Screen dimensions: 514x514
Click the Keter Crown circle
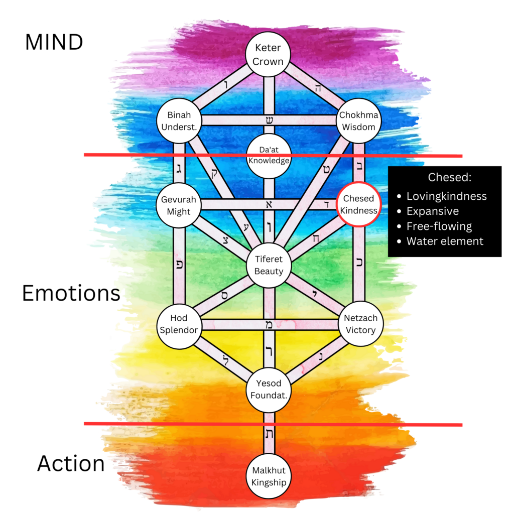[x=269, y=55]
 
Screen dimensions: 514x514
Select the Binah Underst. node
[x=179, y=121]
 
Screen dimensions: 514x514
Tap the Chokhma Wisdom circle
[x=358, y=121]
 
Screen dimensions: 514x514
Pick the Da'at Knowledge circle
[x=269, y=156]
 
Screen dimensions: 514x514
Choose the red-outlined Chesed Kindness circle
[x=358, y=205]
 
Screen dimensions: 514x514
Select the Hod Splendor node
[x=179, y=324]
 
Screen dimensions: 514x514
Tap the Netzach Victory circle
[x=360, y=324]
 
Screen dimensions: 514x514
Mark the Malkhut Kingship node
[x=269, y=477]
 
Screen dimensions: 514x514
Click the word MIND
[x=54, y=43]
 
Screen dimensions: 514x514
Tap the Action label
[x=71, y=464]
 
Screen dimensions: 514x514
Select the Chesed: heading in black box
[x=444, y=178]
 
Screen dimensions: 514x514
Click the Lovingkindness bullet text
[x=446, y=196]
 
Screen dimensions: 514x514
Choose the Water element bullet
[x=445, y=241]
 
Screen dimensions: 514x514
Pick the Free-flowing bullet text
[x=439, y=226]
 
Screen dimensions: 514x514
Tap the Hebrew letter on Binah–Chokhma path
[x=269, y=119]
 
